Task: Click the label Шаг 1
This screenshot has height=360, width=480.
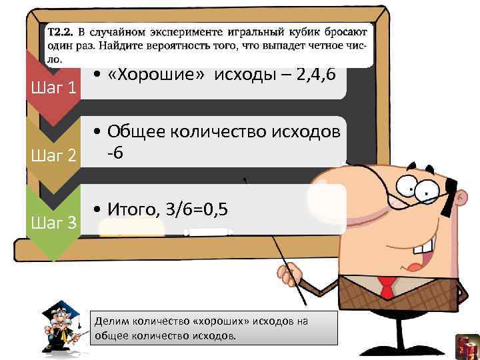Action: (x=53, y=87)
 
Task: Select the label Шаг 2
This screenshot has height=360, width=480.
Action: (x=53, y=156)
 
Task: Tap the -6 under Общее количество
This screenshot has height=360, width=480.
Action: (x=115, y=153)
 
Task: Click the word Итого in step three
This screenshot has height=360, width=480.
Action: (x=131, y=211)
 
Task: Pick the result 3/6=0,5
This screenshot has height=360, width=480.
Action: (x=196, y=211)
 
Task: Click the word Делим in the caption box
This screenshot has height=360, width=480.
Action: (x=110, y=321)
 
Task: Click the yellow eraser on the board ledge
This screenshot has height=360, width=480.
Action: (x=131, y=229)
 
